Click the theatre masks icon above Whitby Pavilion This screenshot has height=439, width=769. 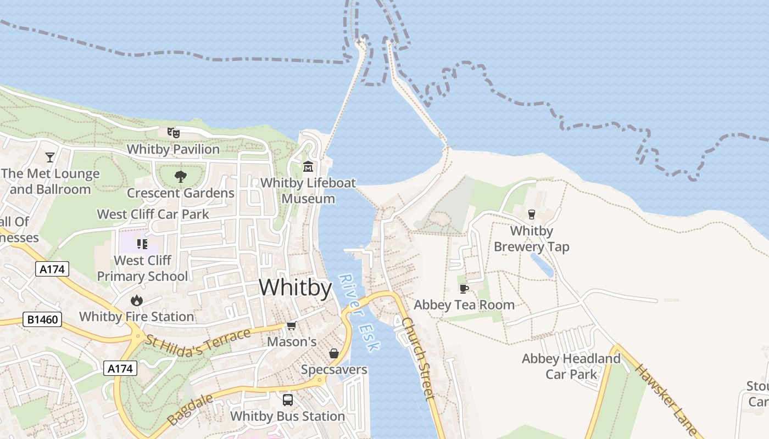[x=174, y=132]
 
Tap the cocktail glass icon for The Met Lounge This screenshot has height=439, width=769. [x=50, y=157]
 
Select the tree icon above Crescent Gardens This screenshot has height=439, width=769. [x=180, y=177]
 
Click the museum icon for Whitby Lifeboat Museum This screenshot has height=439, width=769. [x=308, y=166]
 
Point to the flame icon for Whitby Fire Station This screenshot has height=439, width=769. [x=137, y=300]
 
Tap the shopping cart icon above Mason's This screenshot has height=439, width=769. [x=292, y=326]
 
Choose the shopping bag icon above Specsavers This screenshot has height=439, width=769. [x=333, y=353]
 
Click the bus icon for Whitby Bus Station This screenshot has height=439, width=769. [x=288, y=399]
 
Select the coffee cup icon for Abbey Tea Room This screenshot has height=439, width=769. [x=464, y=289]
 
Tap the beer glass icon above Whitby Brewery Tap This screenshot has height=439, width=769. [x=531, y=214]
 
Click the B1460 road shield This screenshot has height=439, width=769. [x=42, y=319]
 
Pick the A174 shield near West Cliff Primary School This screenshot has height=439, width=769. [x=52, y=269]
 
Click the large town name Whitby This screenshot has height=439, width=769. [x=296, y=288]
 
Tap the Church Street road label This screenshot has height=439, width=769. [x=418, y=358]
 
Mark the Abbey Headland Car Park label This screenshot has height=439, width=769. [x=571, y=366]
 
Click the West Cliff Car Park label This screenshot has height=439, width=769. [x=153, y=214]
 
